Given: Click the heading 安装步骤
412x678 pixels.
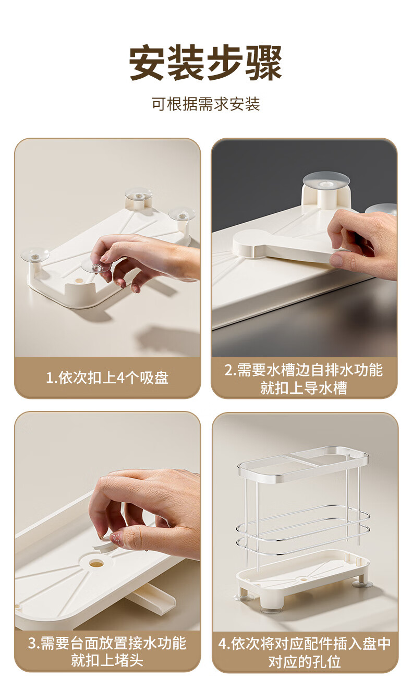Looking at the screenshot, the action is pyautogui.click(x=206, y=63).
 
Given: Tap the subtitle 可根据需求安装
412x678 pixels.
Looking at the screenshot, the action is pyautogui.click(x=206, y=104).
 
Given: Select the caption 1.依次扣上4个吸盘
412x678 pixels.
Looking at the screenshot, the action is pyautogui.click(x=107, y=378).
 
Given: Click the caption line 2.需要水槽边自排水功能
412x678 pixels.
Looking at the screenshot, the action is pyautogui.click(x=304, y=370).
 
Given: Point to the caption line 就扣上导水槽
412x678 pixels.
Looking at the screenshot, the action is pyautogui.click(x=304, y=388).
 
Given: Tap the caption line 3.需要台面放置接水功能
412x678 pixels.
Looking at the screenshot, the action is pyautogui.click(x=107, y=643).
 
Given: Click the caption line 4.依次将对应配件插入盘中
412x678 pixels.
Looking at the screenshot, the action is pyautogui.click(x=305, y=644).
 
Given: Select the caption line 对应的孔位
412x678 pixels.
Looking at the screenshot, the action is pyautogui.click(x=305, y=662).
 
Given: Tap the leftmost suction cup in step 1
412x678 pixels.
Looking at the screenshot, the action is pyautogui.click(x=35, y=255).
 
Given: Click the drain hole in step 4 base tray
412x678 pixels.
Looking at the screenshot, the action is pyautogui.click(x=302, y=579).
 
